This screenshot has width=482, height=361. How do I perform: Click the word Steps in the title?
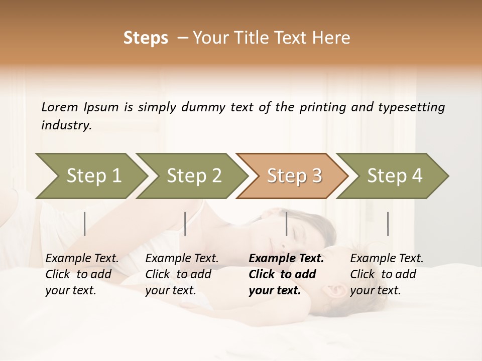click(146, 38)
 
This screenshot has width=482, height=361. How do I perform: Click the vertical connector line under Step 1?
click(85, 224)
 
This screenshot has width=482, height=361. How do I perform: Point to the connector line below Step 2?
click(185, 224)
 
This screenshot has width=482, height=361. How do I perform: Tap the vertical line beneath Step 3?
click(286, 224)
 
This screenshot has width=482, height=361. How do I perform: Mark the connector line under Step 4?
click(388, 224)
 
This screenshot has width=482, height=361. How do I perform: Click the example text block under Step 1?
click(82, 274)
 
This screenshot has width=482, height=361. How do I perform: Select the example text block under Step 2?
click(182, 274)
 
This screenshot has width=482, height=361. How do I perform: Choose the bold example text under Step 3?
click(286, 274)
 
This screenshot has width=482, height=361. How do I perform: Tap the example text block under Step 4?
click(387, 274)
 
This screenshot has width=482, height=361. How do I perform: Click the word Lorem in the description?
click(60, 107)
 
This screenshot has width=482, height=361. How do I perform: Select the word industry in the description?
click(66, 125)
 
